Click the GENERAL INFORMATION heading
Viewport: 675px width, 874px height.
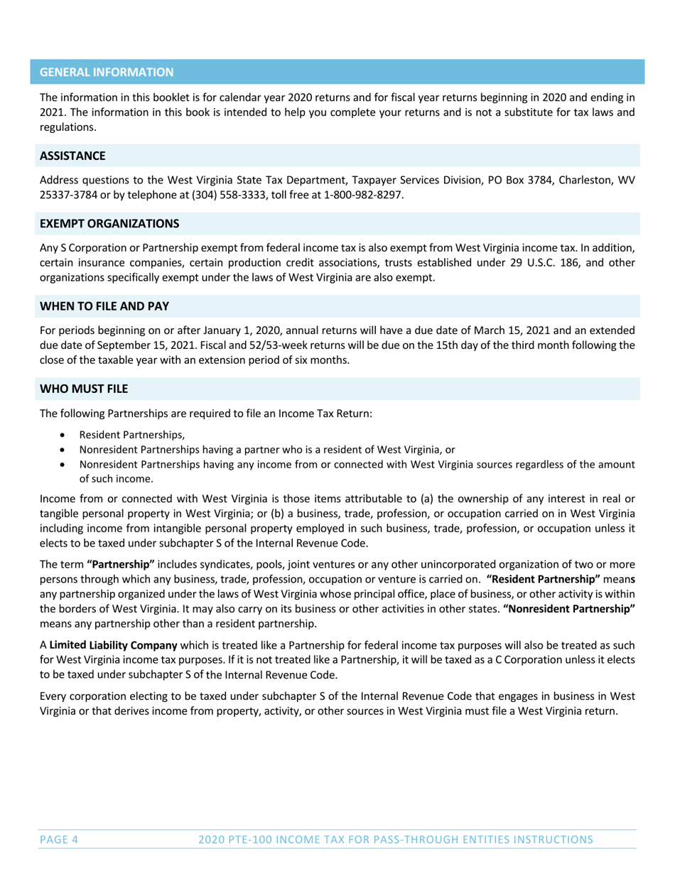[106, 72]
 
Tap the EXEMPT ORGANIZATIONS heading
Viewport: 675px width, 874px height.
[109, 223]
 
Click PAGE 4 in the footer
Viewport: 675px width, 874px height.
[58, 839]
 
